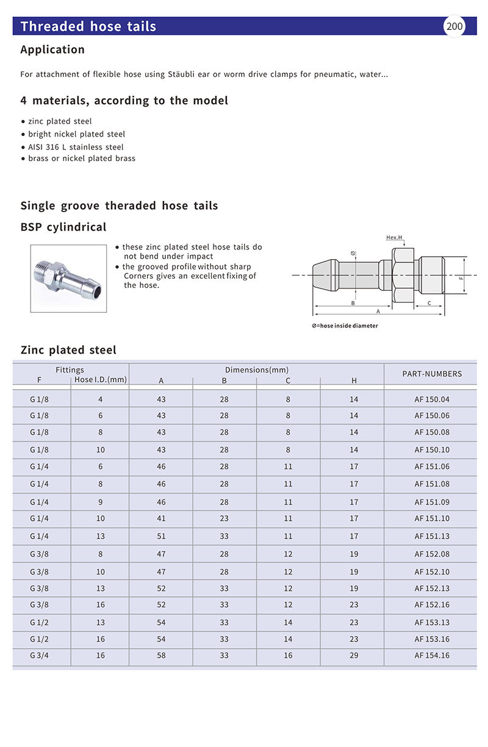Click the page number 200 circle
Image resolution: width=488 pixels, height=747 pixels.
[454, 26]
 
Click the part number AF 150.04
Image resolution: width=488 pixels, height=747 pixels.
[432, 399]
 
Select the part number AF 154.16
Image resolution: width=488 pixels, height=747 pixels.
[432, 656]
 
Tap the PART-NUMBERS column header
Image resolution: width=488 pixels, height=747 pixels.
[432, 374]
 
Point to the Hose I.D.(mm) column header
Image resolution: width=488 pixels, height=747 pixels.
[101, 379]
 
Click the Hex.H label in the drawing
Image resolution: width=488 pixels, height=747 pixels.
[394, 237]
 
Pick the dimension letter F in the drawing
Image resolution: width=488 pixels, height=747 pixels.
[461, 277]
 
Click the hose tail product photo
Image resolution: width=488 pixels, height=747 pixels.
[68, 278]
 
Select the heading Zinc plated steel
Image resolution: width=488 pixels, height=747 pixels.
[68, 350]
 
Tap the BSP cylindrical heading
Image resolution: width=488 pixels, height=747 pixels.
[63, 227]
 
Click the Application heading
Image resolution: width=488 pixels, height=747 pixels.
[52, 49]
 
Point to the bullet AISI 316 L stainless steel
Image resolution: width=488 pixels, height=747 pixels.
[76, 147]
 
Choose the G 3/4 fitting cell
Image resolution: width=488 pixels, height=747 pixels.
[39, 656]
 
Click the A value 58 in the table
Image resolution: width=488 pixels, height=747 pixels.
[161, 656]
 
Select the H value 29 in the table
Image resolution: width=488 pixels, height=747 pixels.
[354, 656]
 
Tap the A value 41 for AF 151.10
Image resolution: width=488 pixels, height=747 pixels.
[161, 518]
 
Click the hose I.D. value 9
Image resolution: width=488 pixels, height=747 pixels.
[101, 502]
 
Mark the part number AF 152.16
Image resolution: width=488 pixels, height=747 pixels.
[432, 605]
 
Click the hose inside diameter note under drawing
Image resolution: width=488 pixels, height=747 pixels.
[345, 326]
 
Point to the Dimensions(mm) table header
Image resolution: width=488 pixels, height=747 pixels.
[257, 370]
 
